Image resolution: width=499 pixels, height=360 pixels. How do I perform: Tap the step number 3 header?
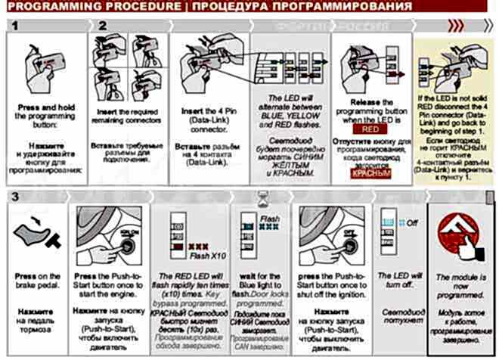coord(17,195)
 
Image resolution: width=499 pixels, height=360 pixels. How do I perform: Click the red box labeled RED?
coord(369,129)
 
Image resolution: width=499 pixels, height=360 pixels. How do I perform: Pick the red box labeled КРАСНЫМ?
coord(370,173)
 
